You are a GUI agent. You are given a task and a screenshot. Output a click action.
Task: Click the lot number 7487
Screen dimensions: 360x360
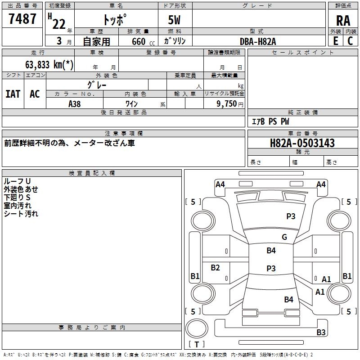pyautogui.click(x=22, y=18)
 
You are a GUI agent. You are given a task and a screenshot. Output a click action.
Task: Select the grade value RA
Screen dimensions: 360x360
pyautogui.click(x=343, y=21)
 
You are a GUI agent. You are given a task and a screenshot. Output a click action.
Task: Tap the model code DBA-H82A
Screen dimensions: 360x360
pyautogui.click(x=258, y=41)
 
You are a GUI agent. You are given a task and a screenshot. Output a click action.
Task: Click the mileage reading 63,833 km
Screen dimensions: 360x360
pyautogui.click(x=49, y=65)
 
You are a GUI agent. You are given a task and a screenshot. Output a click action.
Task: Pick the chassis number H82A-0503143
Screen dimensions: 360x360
pyautogui.click(x=302, y=143)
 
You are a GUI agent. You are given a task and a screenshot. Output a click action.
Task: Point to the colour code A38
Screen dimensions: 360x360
pyautogui.click(x=74, y=104)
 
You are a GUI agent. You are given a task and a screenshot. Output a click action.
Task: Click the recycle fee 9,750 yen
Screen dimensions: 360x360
pyautogui.click(x=229, y=104)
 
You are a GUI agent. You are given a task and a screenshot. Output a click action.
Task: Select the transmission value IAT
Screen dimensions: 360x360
pyautogui.click(x=13, y=94)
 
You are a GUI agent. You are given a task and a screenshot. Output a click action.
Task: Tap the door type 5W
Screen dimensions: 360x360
pyautogui.click(x=174, y=20)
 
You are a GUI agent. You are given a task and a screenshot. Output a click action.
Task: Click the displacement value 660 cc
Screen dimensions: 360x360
pyautogui.click(x=143, y=42)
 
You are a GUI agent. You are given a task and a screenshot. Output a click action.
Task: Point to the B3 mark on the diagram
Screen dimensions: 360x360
pyautogui.click(x=321, y=332)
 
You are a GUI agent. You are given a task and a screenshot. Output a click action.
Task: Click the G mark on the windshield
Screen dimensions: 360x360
pyautogui.click(x=284, y=237)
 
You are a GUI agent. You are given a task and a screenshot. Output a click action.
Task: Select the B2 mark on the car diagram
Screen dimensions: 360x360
pyautogui.click(x=215, y=267)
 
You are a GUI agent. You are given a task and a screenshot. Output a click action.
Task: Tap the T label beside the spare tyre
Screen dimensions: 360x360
pyautogui.click(x=197, y=344)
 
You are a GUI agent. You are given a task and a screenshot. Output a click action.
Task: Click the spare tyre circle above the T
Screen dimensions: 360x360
pyautogui.click(x=197, y=319)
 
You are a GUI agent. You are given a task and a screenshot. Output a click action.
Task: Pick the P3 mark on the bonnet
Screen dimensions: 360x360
pyautogui.click(x=291, y=216)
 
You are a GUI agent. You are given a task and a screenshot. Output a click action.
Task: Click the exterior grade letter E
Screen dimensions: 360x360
pyautogui.click(x=335, y=41)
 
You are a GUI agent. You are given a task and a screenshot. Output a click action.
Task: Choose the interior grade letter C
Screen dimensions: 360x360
pyautogui.click(x=350, y=41)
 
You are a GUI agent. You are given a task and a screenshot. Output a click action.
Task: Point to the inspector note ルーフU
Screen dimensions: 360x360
pyautogui.click(x=17, y=181)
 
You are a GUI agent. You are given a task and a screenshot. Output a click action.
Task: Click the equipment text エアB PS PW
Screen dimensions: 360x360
pyautogui.click(x=270, y=121)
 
